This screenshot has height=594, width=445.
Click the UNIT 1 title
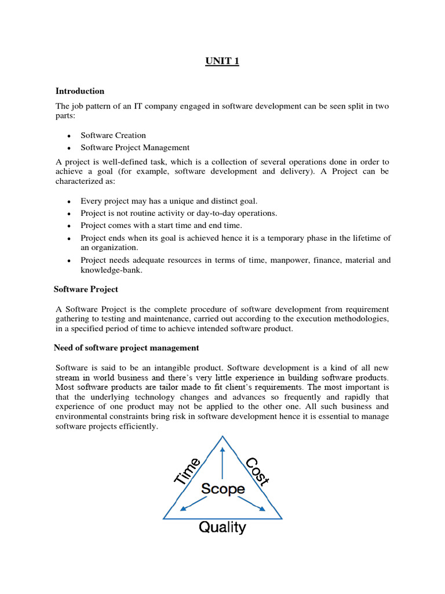(x=222, y=62)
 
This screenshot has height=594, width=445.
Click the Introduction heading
(x=80, y=91)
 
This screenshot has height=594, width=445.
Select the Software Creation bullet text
(x=113, y=135)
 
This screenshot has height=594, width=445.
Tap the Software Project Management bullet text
(x=135, y=147)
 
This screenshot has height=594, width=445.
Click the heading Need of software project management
(x=126, y=348)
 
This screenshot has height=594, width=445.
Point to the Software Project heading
(x=86, y=289)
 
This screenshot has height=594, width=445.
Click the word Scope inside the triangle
(x=223, y=489)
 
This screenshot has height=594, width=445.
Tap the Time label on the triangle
(x=188, y=470)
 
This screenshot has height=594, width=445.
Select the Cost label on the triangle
(x=257, y=471)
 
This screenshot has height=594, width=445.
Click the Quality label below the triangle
(x=222, y=527)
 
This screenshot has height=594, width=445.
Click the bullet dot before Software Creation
(x=69, y=136)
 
